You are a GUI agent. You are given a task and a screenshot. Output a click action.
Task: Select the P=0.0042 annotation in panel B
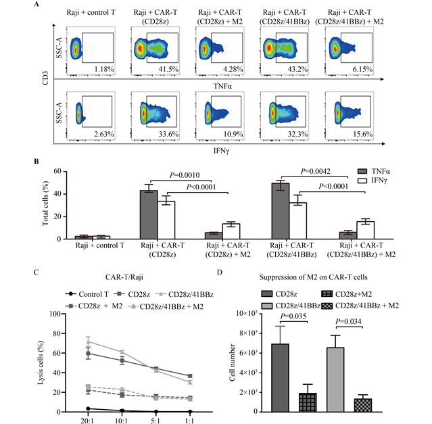pos(318,172)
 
